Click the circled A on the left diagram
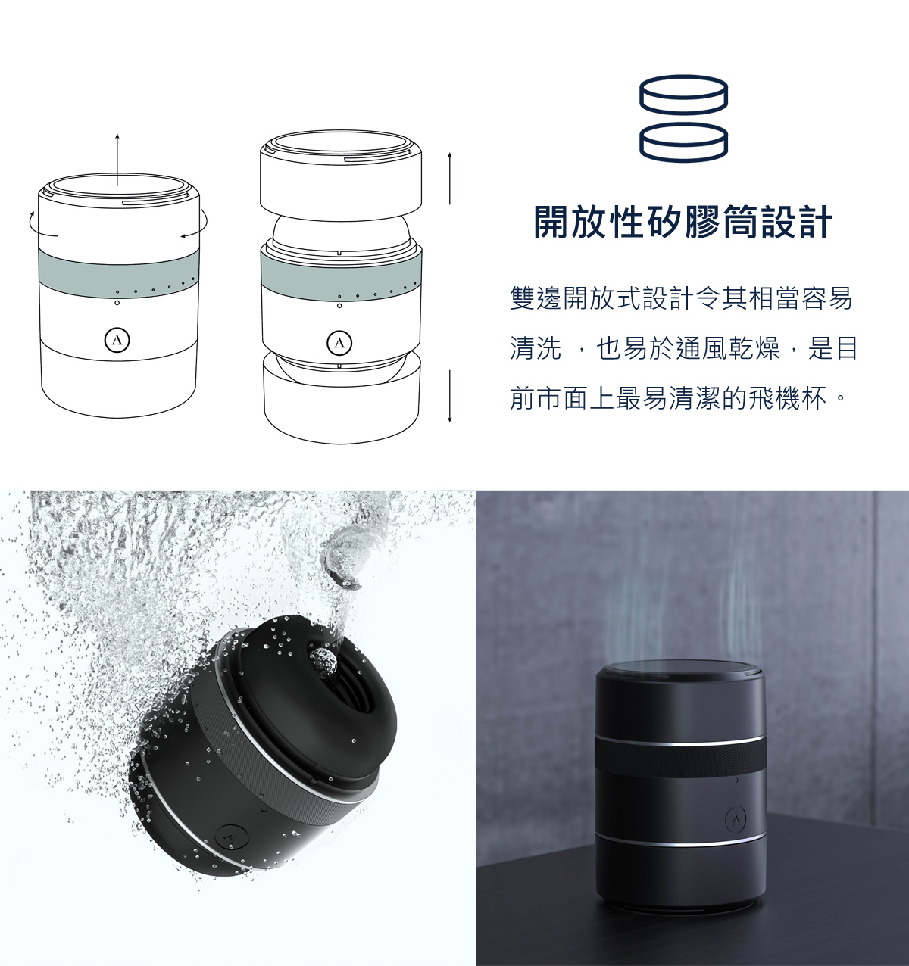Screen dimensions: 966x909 click(x=116, y=340)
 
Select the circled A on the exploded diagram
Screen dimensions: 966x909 click(x=339, y=343)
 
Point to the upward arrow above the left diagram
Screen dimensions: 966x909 click(x=117, y=159)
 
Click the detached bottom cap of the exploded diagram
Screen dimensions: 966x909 click(x=341, y=401)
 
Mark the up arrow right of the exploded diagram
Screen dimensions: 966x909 click(x=450, y=178)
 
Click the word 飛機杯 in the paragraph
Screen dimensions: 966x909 click(x=801, y=397)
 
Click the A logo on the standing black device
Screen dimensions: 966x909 click(x=736, y=819)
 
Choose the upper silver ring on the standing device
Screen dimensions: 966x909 click(x=679, y=740)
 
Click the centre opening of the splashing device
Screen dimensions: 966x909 click(x=326, y=662)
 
